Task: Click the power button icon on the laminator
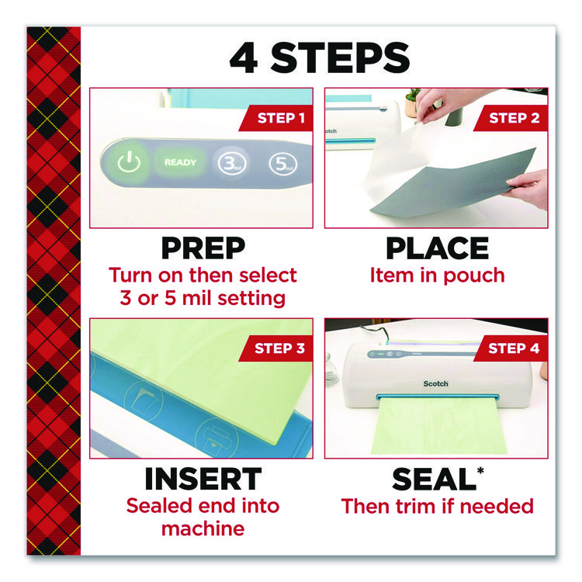coord(128,162)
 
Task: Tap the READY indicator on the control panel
coord(180,162)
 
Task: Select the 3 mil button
coord(232,163)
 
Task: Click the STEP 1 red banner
coord(275,118)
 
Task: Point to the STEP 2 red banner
coord(511,118)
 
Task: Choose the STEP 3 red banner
coord(275,348)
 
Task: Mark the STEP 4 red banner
coord(511,348)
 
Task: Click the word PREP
coord(203,248)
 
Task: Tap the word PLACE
coord(437,248)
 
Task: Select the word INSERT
coord(203,479)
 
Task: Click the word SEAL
coord(434,480)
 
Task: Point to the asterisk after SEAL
coord(480,471)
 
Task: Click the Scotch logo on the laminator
coord(436,383)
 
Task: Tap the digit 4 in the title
coord(244,58)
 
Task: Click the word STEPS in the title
coord(340,58)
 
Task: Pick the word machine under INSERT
coord(203,528)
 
